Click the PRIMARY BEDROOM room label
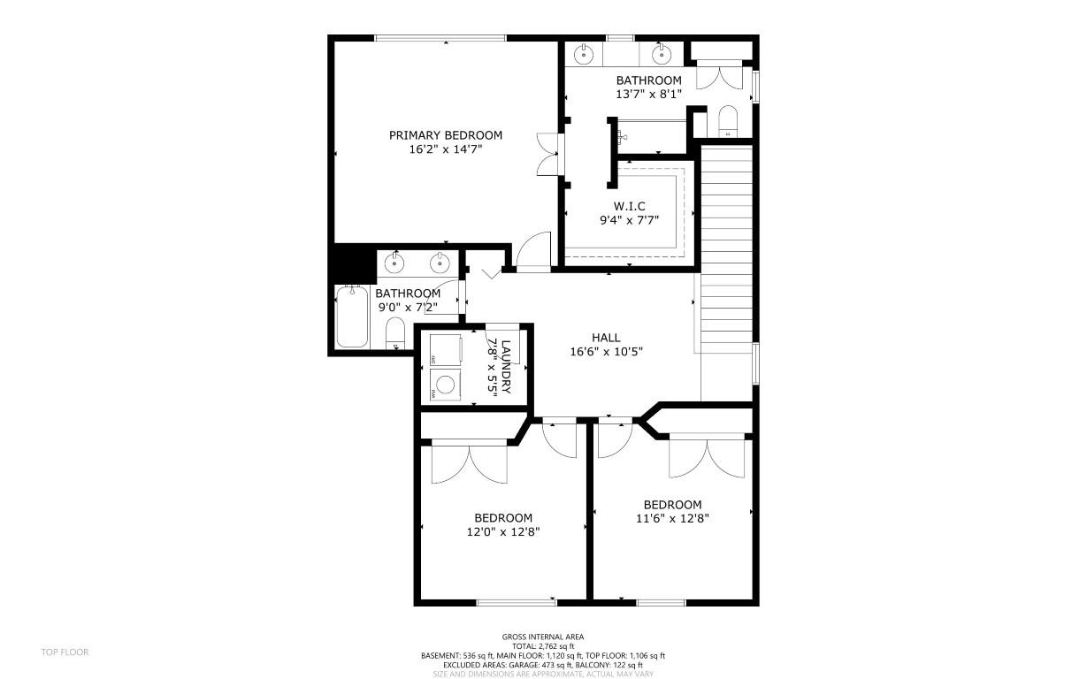[445, 135]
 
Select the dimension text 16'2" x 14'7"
[445, 149]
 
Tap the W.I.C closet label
[629, 206]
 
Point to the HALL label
[606, 337]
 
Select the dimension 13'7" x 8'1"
[648, 94]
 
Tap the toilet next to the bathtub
[395, 333]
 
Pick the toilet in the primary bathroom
[728, 121]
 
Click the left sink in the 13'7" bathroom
[584, 55]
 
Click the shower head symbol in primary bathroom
[623, 137]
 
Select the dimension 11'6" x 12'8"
[672, 519]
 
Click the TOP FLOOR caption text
[65, 652]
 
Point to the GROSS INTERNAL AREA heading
[543, 637]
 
